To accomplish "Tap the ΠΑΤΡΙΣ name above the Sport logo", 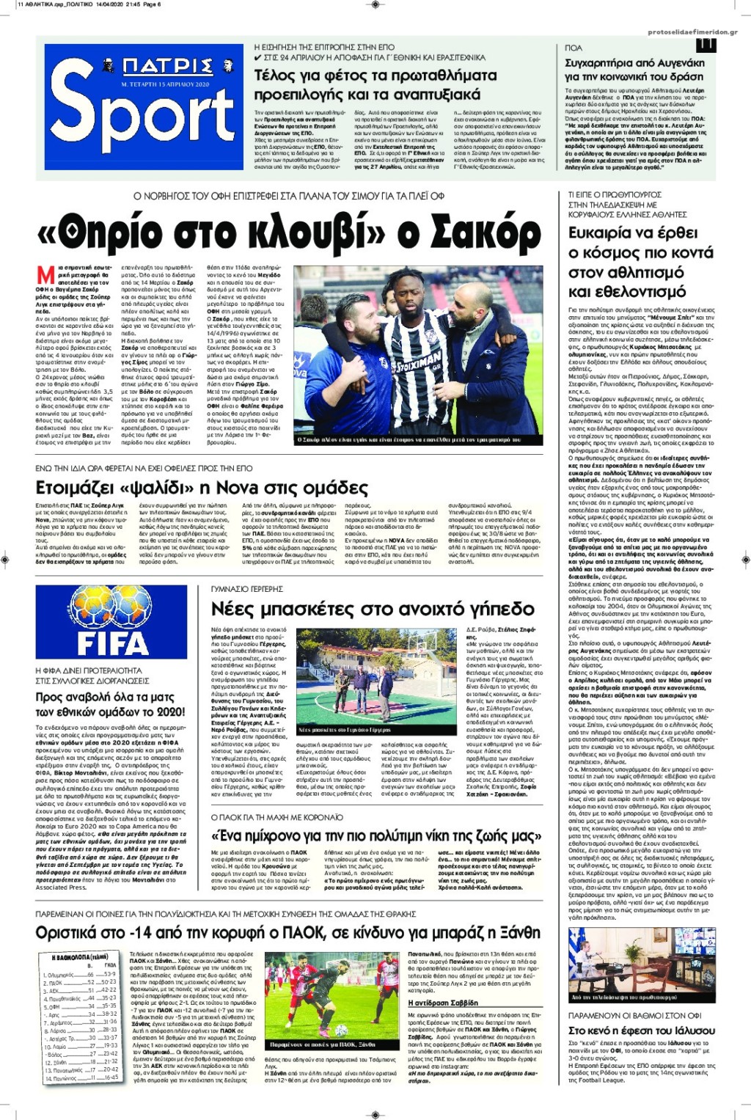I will [168, 67].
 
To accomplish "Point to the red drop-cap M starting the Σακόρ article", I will [45, 275].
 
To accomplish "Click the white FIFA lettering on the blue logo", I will [112, 643].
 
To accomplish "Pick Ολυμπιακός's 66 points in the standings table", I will [90, 975].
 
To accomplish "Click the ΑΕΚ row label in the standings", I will [54, 990].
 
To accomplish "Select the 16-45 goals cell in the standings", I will [111, 1078].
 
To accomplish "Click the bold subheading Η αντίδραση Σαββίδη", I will [442, 1003].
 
